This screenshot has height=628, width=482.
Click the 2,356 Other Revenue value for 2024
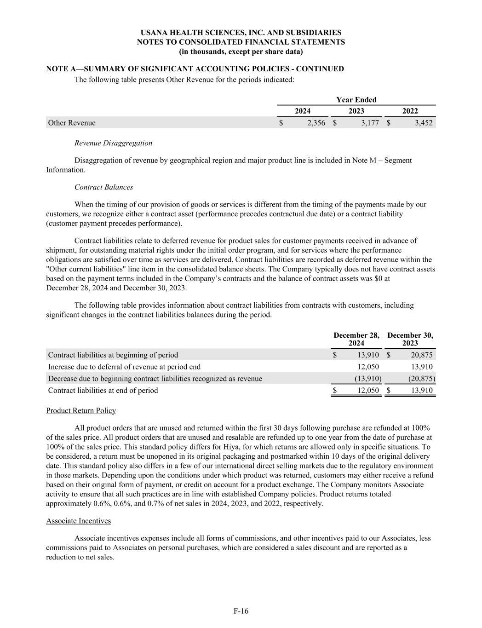coord(316,123)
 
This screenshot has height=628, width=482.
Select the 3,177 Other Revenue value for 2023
coord(369,123)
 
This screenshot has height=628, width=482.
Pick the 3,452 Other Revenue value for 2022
coord(423,123)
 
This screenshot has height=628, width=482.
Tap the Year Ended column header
coord(356,100)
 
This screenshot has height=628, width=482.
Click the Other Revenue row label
coord(72,123)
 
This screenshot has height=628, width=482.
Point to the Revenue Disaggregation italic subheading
coord(113,143)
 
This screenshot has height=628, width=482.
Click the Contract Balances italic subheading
coord(103,187)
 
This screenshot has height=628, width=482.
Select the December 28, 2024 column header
coord(356,339)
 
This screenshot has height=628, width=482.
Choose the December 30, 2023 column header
coord(410,339)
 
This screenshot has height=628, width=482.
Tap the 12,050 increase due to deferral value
coord(368,367)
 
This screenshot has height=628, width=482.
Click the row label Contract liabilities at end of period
coord(103,391)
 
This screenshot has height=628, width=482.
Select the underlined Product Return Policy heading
coord(81,411)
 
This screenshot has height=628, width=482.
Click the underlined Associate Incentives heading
coord(78,521)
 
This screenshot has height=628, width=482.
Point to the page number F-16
coord(241,611)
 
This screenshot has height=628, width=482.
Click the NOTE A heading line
coord(195,69)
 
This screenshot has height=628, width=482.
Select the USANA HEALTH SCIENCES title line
coord(241,33)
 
